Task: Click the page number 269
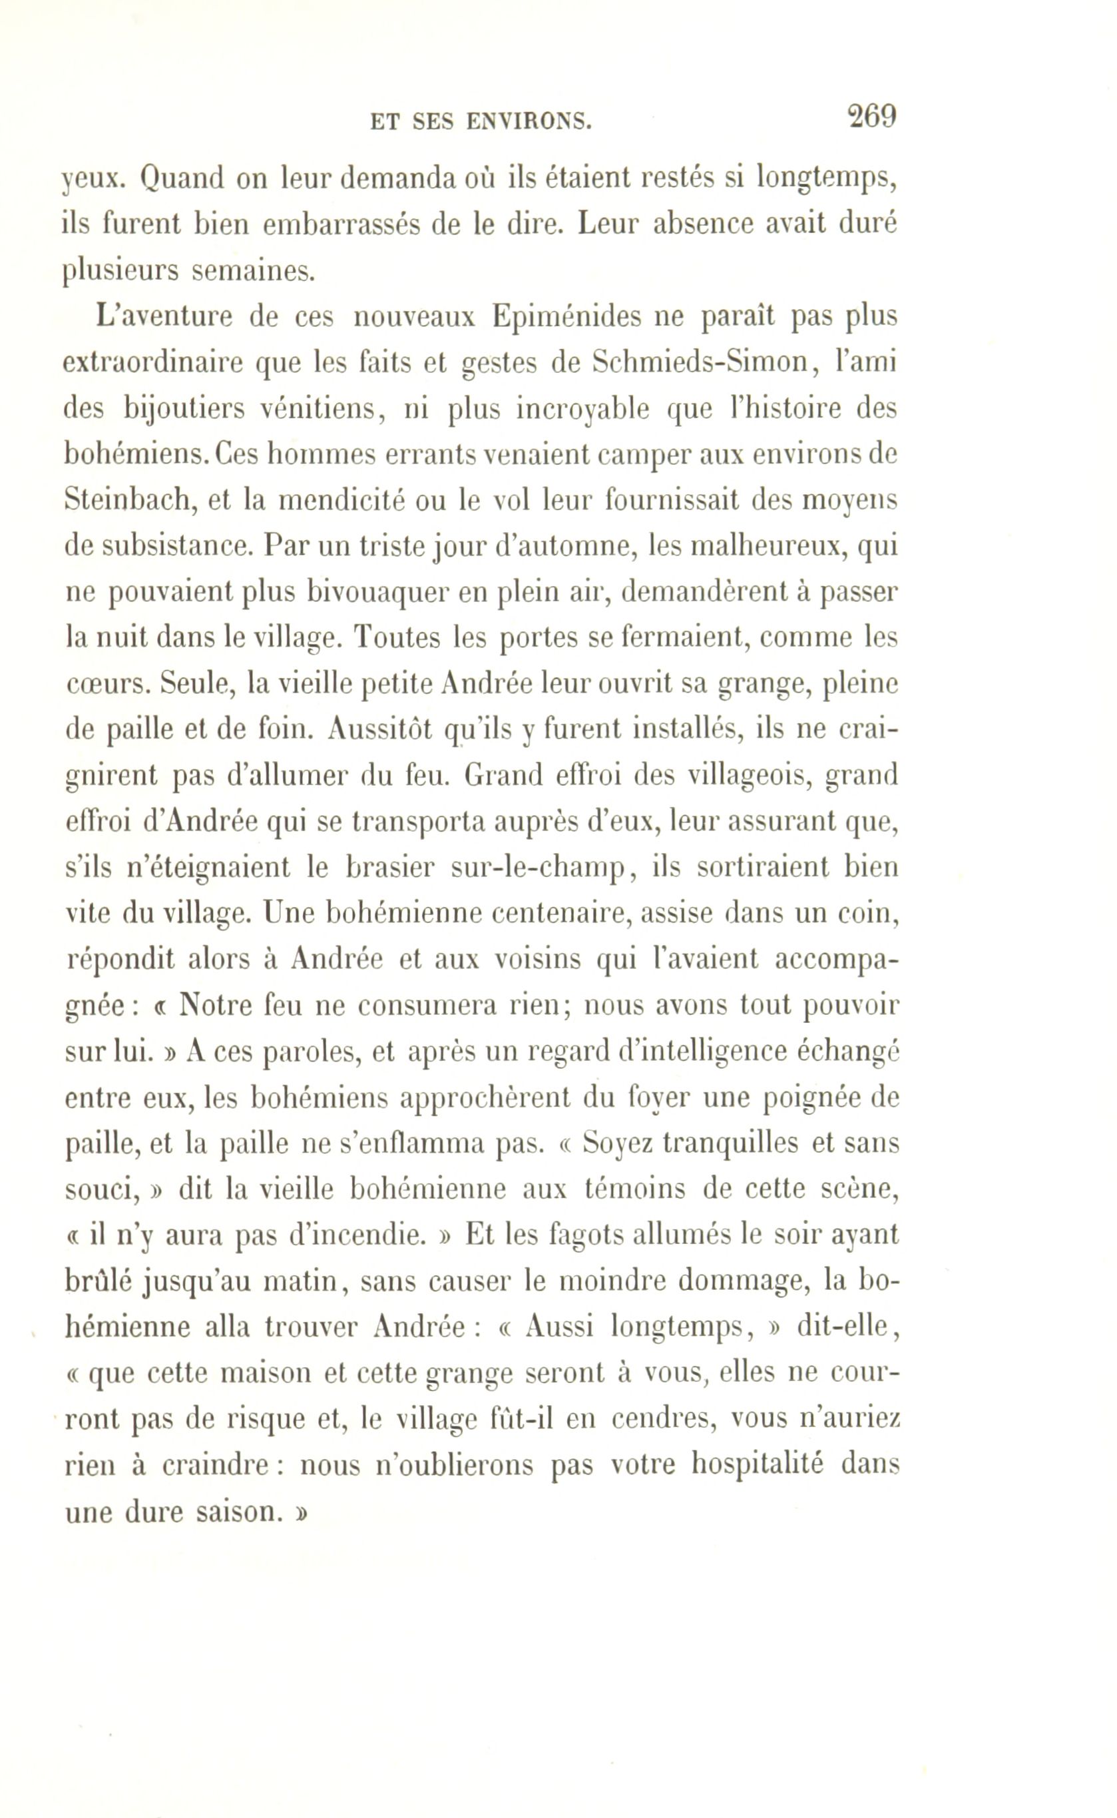pos(873,117)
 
